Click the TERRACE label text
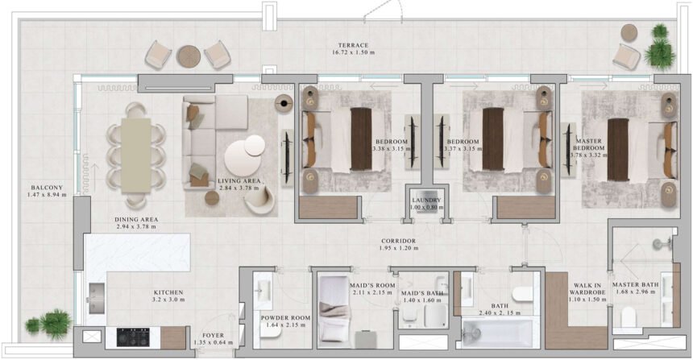coord(353,45)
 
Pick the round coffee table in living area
coord(243,153)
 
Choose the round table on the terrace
coord(189,56)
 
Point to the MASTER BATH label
coord(634,283)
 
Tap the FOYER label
coord(214,334)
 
